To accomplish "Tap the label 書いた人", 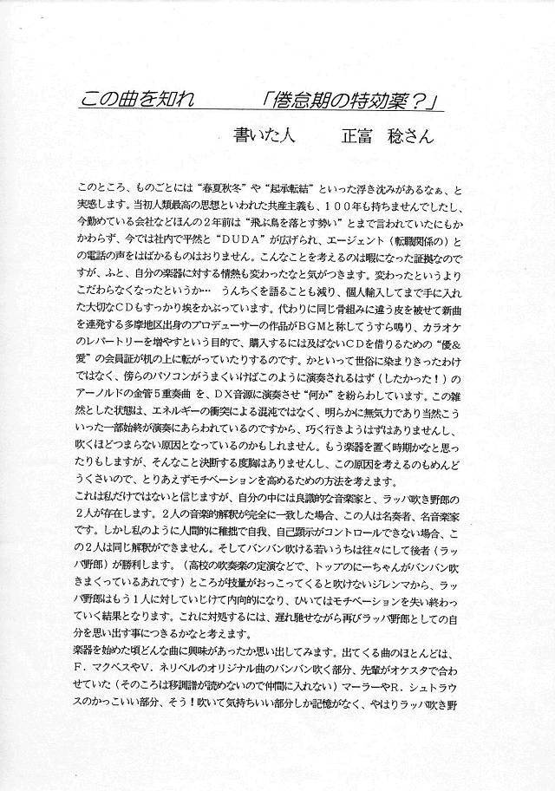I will pyautogui.click(x=265, y=136).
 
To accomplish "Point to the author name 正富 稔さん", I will pyautogui.click(x=379, y=136).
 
